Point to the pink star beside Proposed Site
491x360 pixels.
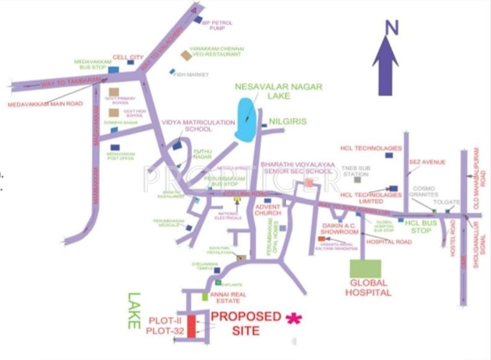[293, 318]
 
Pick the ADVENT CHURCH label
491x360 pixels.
[268, 210]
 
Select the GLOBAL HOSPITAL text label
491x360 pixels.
[368, 288]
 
